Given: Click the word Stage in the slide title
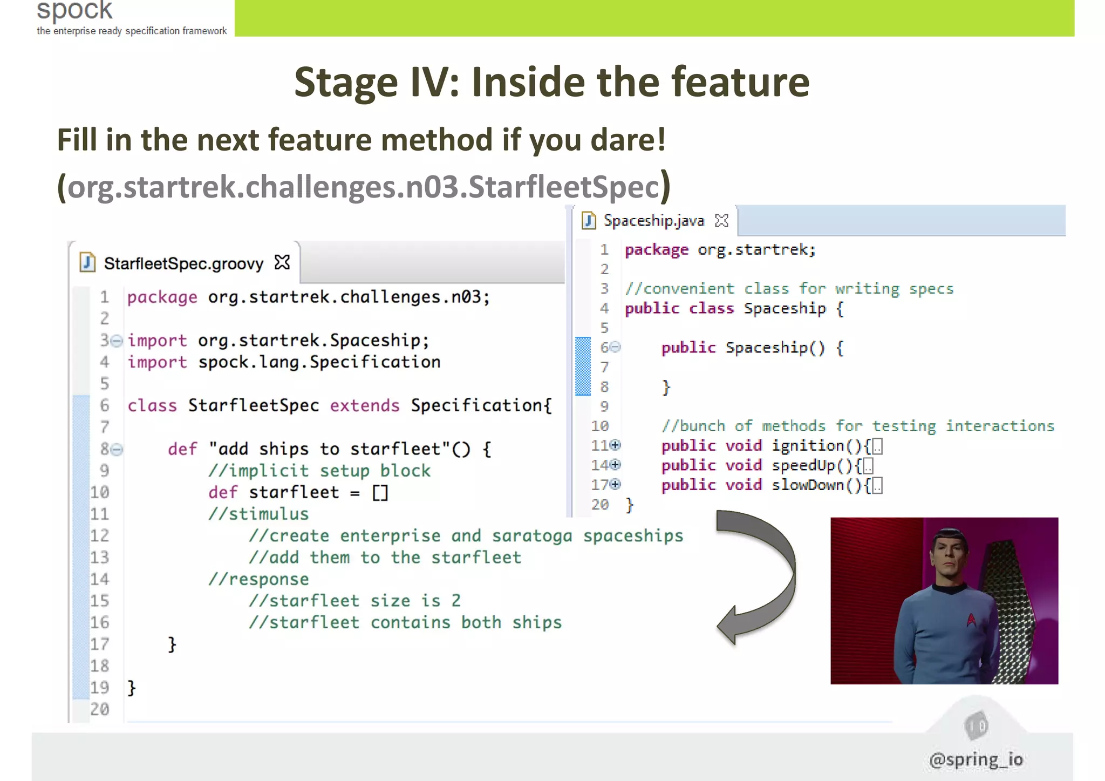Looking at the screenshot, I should pos(346,83).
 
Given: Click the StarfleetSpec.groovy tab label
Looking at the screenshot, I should pos(183,263).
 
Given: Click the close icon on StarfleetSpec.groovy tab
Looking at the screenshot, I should pos(282,263).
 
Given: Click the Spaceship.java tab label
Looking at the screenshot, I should pos(653,221).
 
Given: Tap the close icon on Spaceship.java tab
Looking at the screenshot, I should pos(721,221).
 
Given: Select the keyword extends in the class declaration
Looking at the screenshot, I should pos(365,405).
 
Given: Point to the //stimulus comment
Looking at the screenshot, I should pos(258,514).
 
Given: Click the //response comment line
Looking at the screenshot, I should pos(258,579).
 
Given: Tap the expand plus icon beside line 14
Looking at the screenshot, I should pos(616,465).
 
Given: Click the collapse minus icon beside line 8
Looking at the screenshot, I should pos(118,449).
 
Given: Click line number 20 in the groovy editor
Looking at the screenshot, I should pos(99,709).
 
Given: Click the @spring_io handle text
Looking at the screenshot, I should pos(976,759).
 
